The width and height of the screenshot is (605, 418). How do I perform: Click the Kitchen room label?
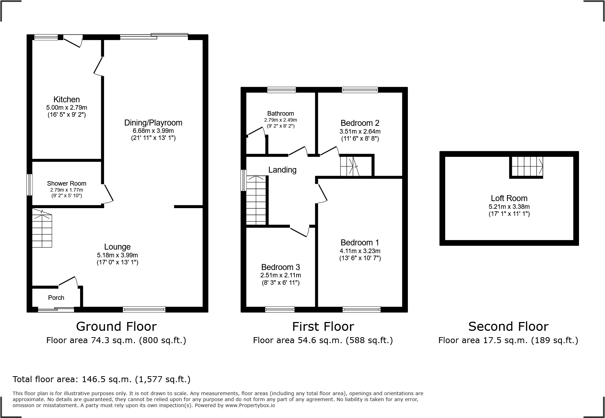click(x=66, y=99)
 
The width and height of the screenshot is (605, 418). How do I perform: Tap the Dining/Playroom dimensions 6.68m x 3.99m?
click(x=153, y=130)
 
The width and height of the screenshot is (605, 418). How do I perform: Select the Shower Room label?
click(x=66, y=183)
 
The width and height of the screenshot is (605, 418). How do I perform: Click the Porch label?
click(x=56, y=298)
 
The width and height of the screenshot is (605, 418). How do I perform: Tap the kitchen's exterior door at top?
click(x=73, y=41)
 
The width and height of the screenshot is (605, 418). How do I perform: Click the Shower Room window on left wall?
click(x=30, y=185)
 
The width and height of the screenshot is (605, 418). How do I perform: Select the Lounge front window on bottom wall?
click(x=144, y=309)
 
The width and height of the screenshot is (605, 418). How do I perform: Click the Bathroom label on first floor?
click(x=280, y=113)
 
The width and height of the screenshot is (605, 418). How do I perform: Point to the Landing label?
click(x=282, y=170)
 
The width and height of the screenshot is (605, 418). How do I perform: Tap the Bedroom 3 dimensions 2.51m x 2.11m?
click(x=280, y=275)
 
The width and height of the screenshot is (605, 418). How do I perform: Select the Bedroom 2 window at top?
click(x=360, y=90)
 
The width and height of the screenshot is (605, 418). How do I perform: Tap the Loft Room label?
click(x=509, y=198)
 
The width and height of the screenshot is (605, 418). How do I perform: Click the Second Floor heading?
click(x=508, y=327)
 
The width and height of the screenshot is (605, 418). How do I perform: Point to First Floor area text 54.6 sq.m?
click(x=323, y=340)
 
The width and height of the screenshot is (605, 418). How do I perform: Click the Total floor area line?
click(x=102, y=379)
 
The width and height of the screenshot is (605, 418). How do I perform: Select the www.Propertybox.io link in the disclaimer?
click(x=250, y=405)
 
